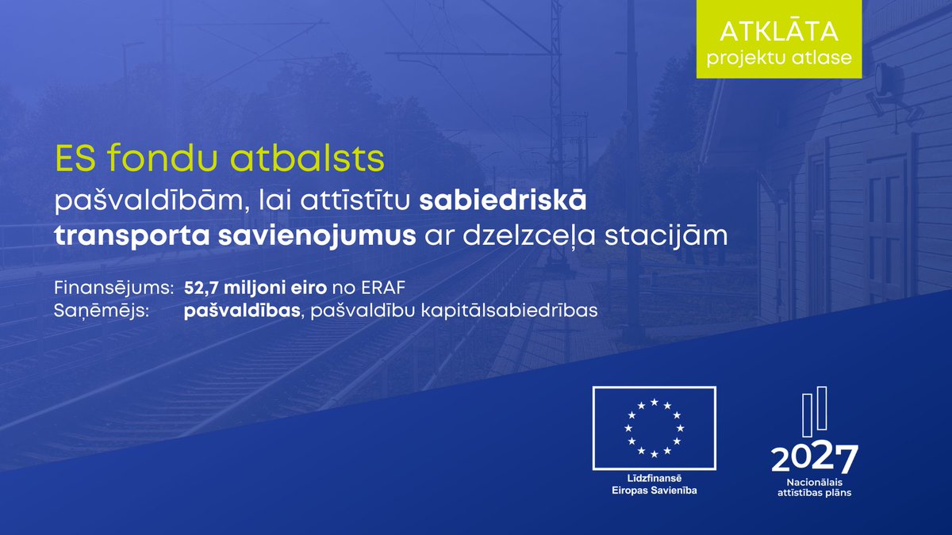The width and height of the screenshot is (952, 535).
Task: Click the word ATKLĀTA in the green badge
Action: point(778,32)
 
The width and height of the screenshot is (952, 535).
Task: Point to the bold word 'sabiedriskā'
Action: point(503,201)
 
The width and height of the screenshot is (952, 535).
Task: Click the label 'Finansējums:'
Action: point(113,287)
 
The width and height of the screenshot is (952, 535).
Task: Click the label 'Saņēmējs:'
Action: point(101,311)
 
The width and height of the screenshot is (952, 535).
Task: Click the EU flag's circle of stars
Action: point(654,427)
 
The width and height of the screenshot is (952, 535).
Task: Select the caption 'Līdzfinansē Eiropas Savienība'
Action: point(654,485)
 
